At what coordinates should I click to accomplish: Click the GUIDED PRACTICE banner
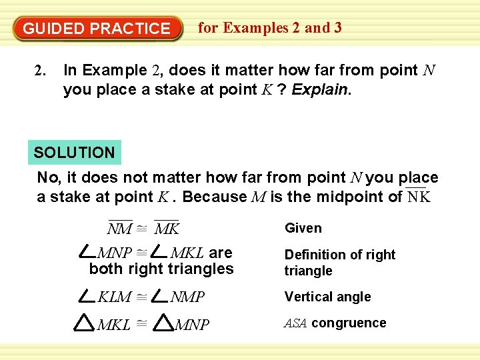(97, 29)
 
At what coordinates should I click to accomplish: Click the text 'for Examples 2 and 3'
(270, 28)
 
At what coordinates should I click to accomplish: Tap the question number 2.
(39, 70)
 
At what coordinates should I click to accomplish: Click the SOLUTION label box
(74, 153)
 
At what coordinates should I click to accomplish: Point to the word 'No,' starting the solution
(49, 178)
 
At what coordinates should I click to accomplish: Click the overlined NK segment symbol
(419, 197)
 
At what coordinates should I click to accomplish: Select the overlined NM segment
(119, 229)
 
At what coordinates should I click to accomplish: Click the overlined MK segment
(167, 229)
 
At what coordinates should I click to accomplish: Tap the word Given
(303, 228)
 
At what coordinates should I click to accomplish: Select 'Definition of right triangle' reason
(339, 263)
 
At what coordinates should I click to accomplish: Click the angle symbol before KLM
(87, 295)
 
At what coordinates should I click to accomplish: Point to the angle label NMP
(187, 297)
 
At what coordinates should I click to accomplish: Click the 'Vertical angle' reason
(327, 297)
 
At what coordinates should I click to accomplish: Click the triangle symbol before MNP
(163, 324)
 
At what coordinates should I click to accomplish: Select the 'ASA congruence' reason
(335, 323)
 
